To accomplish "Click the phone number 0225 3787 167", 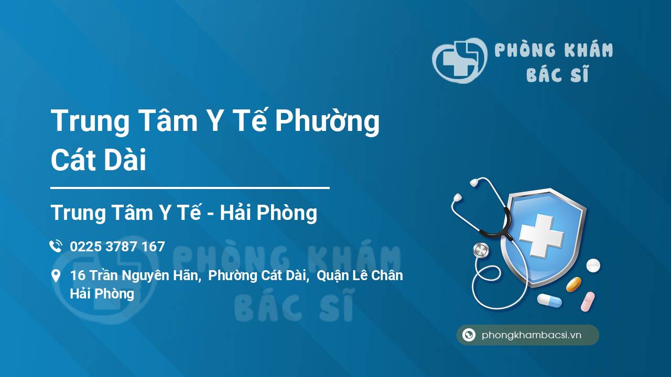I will (x=117, y=247).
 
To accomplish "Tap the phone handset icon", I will (x=56, y=246).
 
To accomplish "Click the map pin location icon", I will (x=56, y=275).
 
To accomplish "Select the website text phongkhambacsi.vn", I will (x=532, y=335).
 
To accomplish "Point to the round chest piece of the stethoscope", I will (x=481, y=250).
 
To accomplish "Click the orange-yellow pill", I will (x=573, y=284).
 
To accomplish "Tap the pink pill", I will (x=588, y=301).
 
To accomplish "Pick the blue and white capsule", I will (x=549, y=300).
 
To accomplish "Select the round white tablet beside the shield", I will (x=593, y=265).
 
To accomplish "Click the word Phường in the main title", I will (x=327, y=121).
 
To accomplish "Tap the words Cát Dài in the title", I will (x=99, y=160).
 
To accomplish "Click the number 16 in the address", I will (x=78, y=275).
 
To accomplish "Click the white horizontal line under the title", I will (x=190, y=187).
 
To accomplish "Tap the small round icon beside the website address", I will (x=469, y=335).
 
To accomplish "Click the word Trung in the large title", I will (x=90, y=121).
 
